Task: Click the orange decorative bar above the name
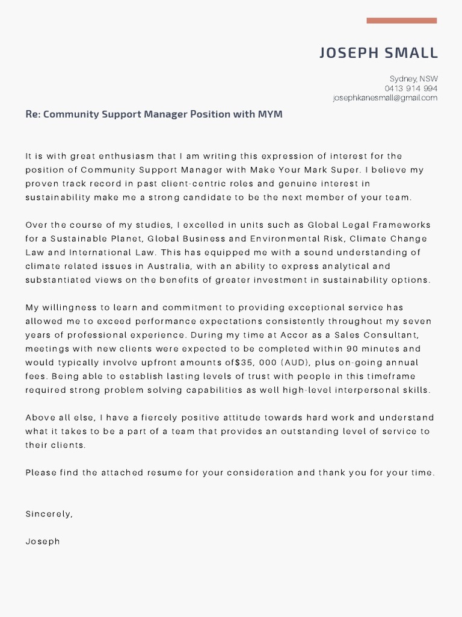click(x=401, y=20)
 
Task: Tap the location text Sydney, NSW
click(x=413, y=79)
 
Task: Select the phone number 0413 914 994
click(x=411, y=89)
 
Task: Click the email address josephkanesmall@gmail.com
click(x=385, y=98)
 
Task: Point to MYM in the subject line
click(x=270, y=114)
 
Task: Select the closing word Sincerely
click(x=48, y=514)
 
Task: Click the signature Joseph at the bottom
click(x=43, y=541)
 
